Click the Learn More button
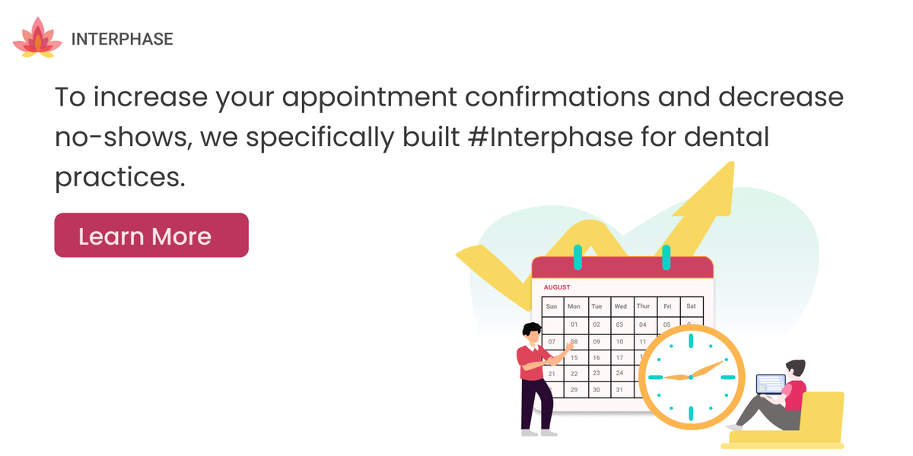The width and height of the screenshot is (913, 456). point(151,236)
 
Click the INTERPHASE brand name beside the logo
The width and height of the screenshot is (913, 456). point(122,39)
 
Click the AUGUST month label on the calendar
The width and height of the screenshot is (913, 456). point(557,287)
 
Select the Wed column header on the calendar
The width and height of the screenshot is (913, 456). point(620,306)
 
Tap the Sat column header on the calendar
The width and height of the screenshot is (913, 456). point(691,306)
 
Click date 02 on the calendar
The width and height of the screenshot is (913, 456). point(596,325)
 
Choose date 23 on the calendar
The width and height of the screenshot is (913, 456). point(596,373)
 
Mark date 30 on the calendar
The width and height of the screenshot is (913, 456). point(596,390)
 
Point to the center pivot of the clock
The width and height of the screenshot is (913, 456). point(690,376)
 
